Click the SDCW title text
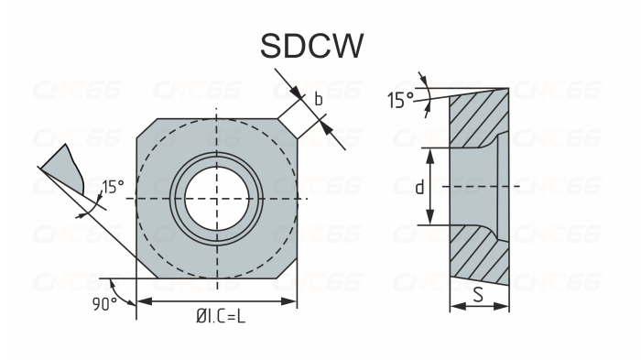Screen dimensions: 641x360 click(311, 46)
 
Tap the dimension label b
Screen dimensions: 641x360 click(319, 99)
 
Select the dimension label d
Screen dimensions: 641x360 click(419, 187)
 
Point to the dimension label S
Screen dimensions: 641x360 click(478, 295)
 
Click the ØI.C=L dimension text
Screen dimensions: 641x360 click(221, 316)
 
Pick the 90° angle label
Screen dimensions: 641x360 click(103, 304)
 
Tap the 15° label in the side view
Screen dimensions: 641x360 click(400, 100)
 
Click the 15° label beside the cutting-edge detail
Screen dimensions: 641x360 click(113, 187)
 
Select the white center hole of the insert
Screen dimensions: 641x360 click(216, 199)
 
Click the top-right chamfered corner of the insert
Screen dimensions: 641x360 click(288, 129)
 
